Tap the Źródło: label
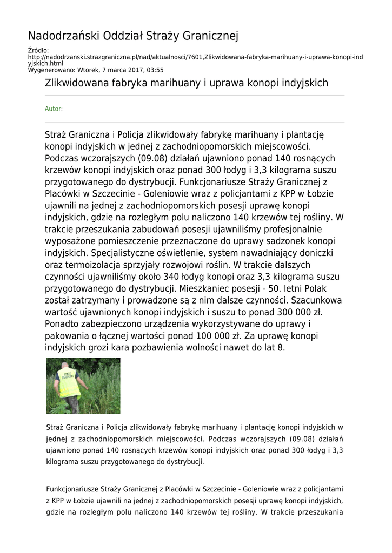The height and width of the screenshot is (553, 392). point(38,51)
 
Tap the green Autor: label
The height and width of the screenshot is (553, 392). point(54,109)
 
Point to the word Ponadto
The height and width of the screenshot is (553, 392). point(63,325)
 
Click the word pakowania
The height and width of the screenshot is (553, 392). point(68,336)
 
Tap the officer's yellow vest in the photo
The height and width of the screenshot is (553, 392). point(69,381)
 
